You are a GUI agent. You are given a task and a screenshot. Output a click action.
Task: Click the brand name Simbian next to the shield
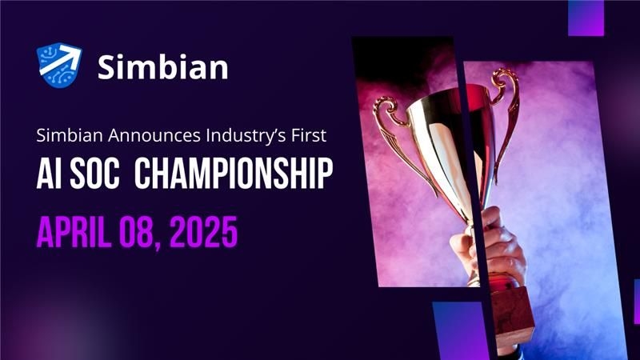click(x=163, y=66)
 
